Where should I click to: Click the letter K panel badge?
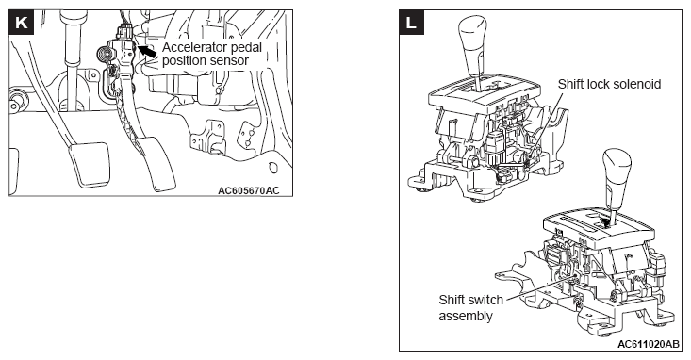tap(21, 22)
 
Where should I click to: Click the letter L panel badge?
tap(411, 22)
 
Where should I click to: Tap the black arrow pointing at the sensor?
tap(148, 50)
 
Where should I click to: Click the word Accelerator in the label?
tap(194, 47)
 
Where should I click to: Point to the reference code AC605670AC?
tap(249, 190)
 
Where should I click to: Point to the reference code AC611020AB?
tap(649, 344)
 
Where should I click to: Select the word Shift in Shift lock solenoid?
tap(569, 84)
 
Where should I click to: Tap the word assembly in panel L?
tap(466, 317)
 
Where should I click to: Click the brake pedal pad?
tap(89, 163)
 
